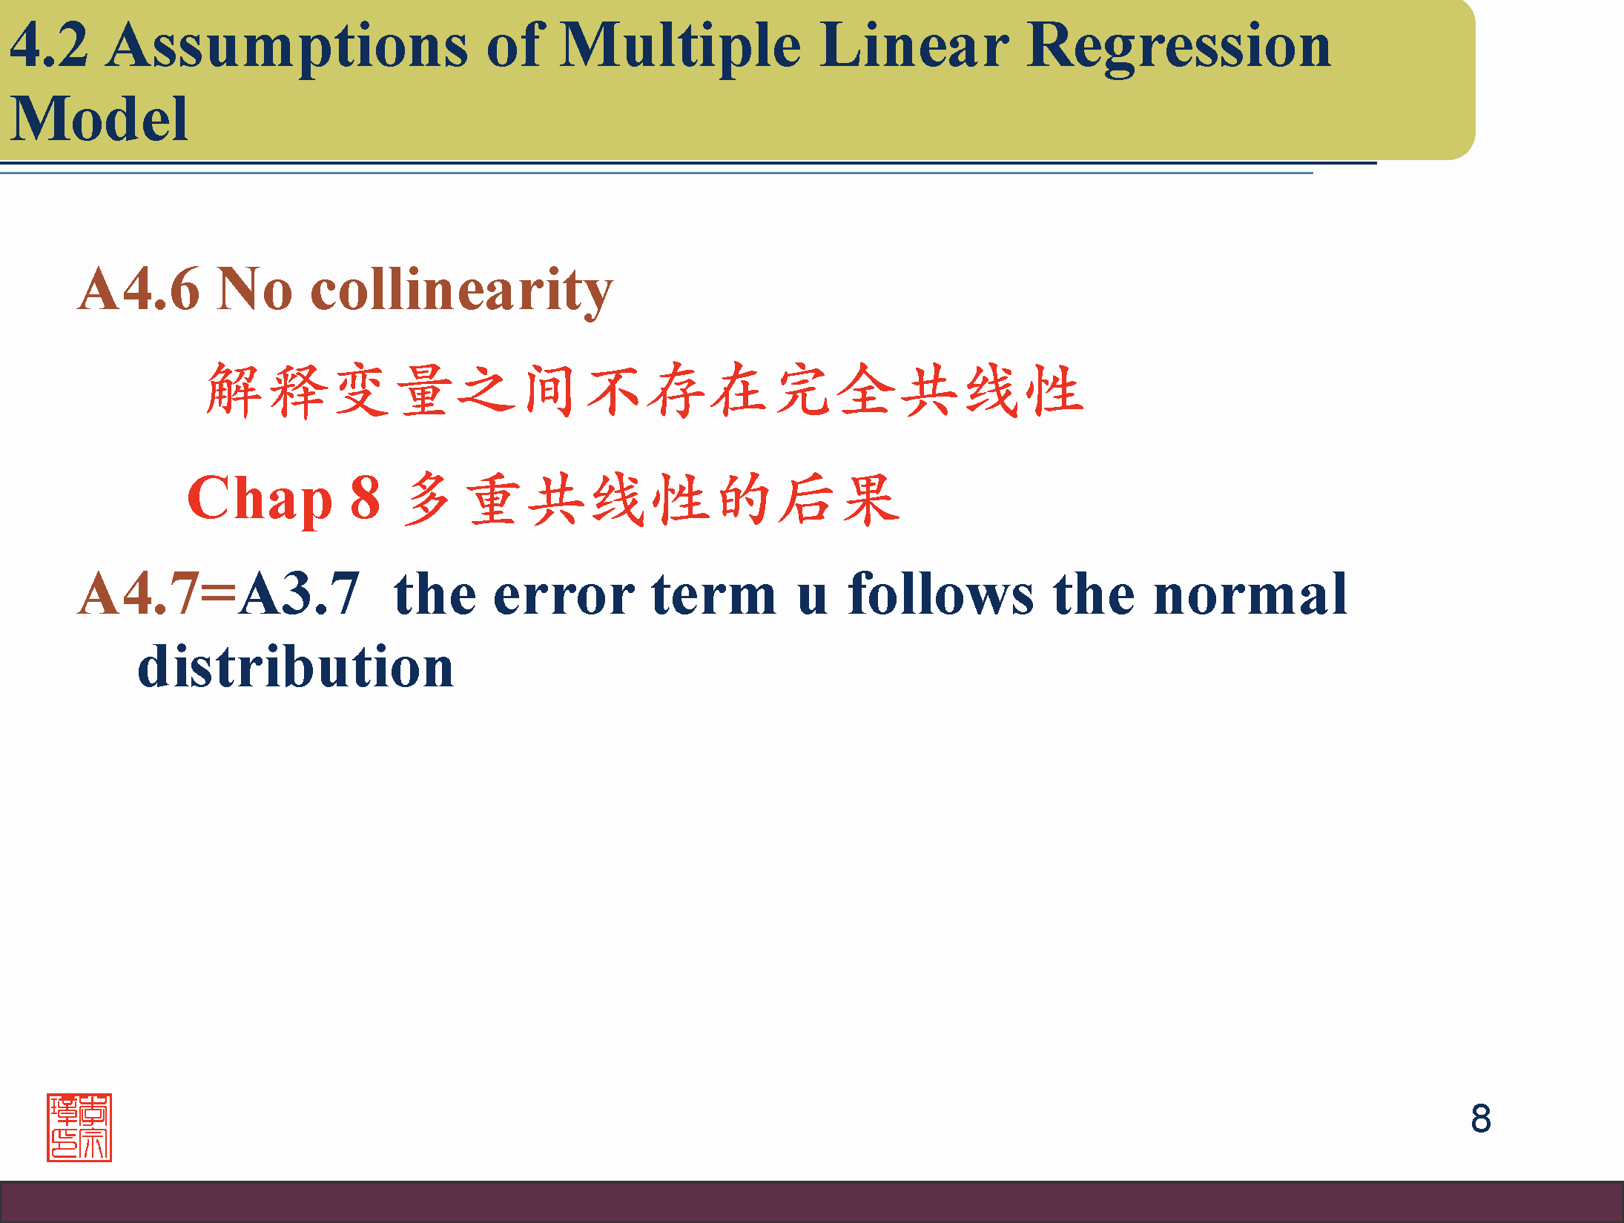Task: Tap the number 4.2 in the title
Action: click(x=49, y=44)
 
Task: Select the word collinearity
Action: click(x=461, y=292)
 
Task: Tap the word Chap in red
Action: click(x=260, y=500)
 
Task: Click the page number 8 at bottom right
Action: click(x=1481, y=1118)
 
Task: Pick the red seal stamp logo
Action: click(x=79, y=1127)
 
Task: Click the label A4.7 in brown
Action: click(x=139, y=594)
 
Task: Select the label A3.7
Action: click(x=299, y=594)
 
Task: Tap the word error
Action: click(x=564, y=594)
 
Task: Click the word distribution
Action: click(x=296, y=665)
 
